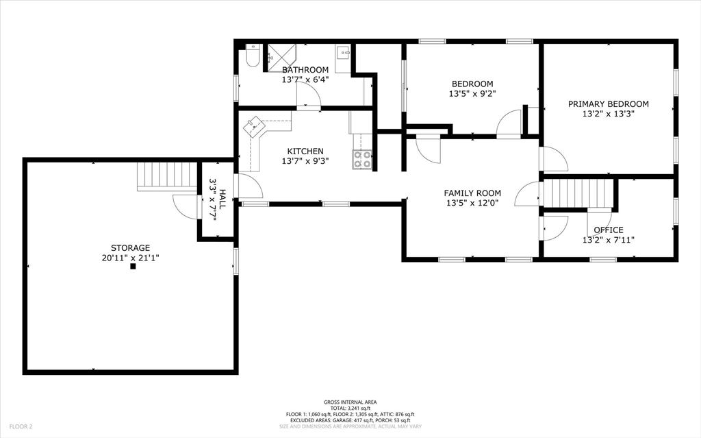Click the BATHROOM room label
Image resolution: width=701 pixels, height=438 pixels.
(305, 70)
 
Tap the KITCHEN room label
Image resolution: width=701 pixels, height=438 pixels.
(305, 151)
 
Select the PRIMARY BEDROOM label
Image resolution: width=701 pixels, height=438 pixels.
(609, 104)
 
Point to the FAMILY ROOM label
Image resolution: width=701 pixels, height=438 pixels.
(472, 193)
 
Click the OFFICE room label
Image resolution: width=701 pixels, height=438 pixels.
(609, 230)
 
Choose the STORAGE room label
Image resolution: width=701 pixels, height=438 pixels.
(131, 247)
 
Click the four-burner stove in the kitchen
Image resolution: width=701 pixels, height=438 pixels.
(363, 159)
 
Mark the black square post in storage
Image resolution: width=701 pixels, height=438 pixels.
(133, 267)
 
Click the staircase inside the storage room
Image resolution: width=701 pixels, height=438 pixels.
(167, 177)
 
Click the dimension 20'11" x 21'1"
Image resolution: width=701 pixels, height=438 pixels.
(131, 258)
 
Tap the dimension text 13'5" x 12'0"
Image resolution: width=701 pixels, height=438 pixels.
(472, 203)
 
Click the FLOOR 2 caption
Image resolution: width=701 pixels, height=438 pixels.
(21, 427)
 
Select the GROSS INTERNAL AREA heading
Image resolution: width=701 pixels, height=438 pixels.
(350, 402)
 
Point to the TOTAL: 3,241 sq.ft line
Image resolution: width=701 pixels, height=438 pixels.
(350, 409)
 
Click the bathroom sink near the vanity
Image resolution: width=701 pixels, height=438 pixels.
(344, 53)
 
